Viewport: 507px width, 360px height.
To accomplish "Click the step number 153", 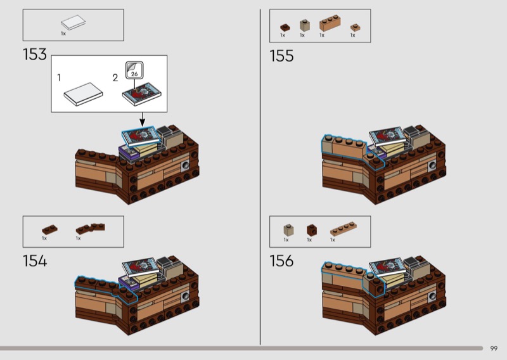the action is tap(35, 54).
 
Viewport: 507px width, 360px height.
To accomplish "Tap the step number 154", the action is tap(35, 260).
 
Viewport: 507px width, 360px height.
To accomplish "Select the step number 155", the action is tap(281, 56).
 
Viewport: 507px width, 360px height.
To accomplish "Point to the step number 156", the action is tap(281, 260).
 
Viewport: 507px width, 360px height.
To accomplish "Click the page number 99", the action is tap(494, 349).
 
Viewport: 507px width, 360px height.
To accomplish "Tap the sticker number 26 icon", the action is tap(134, 70).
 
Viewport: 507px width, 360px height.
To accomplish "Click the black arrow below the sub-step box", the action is tap(142, 119).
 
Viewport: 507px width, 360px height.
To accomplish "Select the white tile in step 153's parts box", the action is tap(74, 23).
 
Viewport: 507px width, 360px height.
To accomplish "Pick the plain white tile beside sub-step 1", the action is tap(84, 94).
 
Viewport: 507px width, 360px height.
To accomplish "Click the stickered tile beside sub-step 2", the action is tap(141, 94).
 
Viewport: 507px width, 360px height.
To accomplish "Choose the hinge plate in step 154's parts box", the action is tap(90, 228).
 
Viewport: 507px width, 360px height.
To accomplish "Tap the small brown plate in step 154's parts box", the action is tap(50, 229).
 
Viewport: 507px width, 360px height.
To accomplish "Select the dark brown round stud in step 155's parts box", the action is tap(285, 27).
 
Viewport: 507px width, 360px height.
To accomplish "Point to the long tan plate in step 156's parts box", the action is tap(343, 229).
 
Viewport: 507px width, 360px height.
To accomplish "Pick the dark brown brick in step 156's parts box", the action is tap(312, 230).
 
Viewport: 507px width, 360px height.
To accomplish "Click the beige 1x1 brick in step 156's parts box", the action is tap(288, 230).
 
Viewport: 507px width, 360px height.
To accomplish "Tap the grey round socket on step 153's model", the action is tap(186, 165).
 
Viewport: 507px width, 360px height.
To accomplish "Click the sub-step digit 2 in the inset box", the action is tap(115, 78).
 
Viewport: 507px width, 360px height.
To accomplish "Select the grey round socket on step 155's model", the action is tap(433, 166).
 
